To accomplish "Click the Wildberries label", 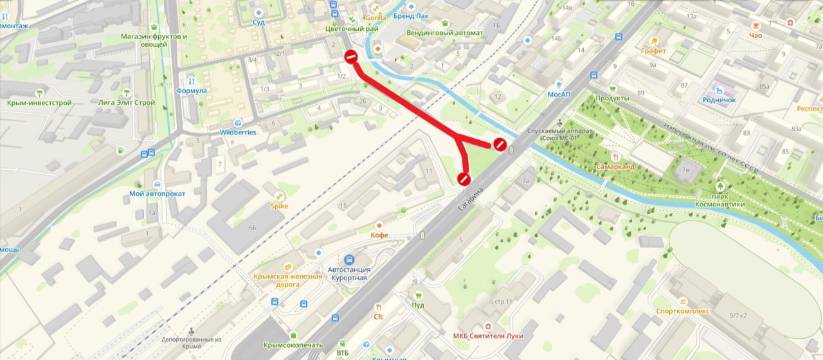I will pyautogui.click(x=238, y=132).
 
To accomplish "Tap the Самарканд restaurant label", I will pyautogui.click(x=615, y=166).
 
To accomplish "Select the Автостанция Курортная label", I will pyautogui.click(x=347, y=273).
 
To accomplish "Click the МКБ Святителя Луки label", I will pyautogui.click(x=487, y=336).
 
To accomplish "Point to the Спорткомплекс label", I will pyautogui.click(x=682, y=310).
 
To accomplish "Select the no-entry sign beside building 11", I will pyautogui.click(x=464, y=179).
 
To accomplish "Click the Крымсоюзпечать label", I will pyautogui.click(x=293, y=345).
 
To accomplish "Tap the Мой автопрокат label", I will pyautogui.click(x=158, y=194).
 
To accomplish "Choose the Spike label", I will pyautogui.click(x=279, y=206).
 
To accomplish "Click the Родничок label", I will pyautogui.click(x=719, y=100).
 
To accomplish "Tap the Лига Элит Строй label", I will pyautogui.click(x=127, y=102).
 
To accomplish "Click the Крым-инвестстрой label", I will pyautogui.click(x=39, y=102).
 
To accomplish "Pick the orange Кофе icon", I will pyautogui.click(x=379, y=226).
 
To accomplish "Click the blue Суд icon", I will pyautogui.click(x=258, y=12).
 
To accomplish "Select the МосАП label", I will pyautogui.click(x=558, y=94).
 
